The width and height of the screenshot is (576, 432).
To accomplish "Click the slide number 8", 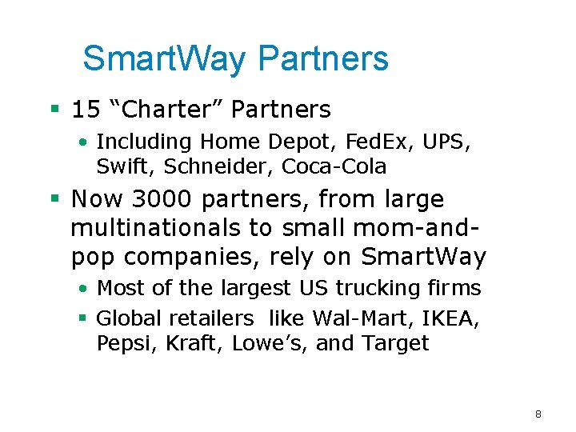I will tap(538, 414).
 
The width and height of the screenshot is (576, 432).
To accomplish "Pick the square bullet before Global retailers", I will tap(82, 318).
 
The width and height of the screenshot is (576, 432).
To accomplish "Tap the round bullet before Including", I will tap(83, 142).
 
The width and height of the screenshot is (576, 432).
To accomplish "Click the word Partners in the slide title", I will tap(324, 58).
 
